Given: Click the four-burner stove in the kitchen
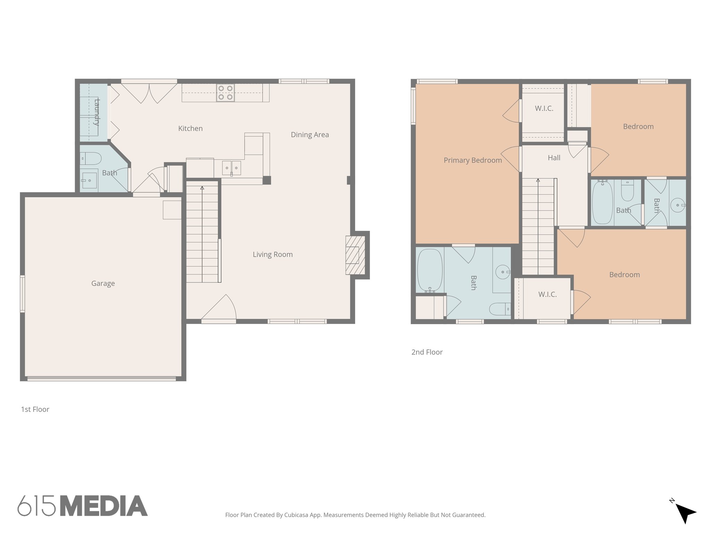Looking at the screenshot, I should [x=225, y=93].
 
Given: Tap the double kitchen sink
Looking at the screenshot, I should [x=232, y=168].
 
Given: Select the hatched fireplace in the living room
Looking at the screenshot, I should [x=355, y=255].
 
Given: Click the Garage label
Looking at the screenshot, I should [x=103, y=284].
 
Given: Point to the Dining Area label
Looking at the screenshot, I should [x=310, y=135].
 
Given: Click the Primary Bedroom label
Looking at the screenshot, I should [x=472, y=160].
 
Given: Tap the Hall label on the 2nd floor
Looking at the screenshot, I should [x=554, y=158].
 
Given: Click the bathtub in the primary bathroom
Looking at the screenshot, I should [x=430, y=270].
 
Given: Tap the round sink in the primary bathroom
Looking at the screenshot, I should [x=502, y=272].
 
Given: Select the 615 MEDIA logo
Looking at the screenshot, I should [x=83, y=506].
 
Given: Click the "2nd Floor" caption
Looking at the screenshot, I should [x=427, y=352].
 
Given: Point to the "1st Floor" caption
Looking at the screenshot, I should [x=35, y=409].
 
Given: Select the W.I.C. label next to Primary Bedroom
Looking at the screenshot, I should [x=544, y=109].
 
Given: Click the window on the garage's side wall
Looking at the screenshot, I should [x=23, y=294].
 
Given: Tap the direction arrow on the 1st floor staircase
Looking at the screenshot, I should [x=202, y=188].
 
